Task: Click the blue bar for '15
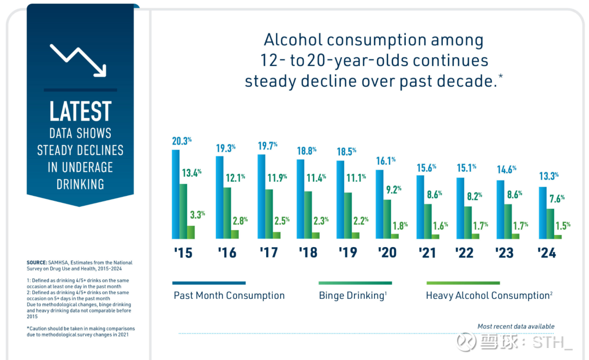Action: click(x=176, y=194)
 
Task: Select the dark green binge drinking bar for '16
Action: click(x=227, y=213)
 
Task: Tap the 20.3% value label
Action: click(x=182, y=141)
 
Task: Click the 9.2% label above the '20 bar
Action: click(x=392, y=190)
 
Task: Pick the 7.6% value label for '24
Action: click(x=555, y=199)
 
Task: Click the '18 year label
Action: click(x=308, y=253)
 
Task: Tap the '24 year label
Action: click(x=546, y=253)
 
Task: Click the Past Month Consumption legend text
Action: click(x=229, y=296)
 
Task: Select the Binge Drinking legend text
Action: click(x=351, y=296)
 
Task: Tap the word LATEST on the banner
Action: click(x=80, y=111)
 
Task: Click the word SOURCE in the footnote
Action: click(x=37, y=263)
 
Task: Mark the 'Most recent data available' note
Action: click(x=516, y=326)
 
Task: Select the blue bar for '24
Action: click(x=542, y=213)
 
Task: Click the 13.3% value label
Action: click(x=549, y=176)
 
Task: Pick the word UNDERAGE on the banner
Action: click(x=80, y=167)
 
